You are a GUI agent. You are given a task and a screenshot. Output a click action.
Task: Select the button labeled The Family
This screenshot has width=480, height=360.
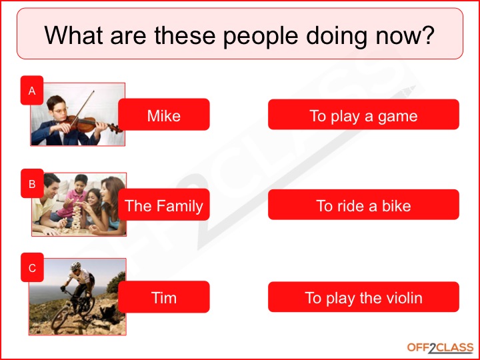[164, 205]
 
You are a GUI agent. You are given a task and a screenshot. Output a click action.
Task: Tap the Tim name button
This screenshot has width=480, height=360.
[164, 297]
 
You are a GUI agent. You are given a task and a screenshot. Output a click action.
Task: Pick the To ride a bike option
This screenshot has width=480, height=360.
[363, 205]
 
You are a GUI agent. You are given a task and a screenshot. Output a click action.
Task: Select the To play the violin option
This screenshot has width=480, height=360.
[363, 297]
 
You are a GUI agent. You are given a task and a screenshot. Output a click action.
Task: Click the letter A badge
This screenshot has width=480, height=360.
[32, 91]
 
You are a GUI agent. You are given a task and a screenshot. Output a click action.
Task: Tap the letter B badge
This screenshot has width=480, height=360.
[32, 181]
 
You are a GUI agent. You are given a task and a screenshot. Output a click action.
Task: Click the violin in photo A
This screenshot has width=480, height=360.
[87, 123]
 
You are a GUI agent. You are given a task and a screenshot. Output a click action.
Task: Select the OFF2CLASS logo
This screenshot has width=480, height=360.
[440, 347]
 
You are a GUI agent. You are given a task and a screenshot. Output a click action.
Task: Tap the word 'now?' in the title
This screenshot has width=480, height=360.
[405, 35]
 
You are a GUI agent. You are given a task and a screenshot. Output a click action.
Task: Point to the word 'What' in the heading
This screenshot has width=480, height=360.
[74, 35]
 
